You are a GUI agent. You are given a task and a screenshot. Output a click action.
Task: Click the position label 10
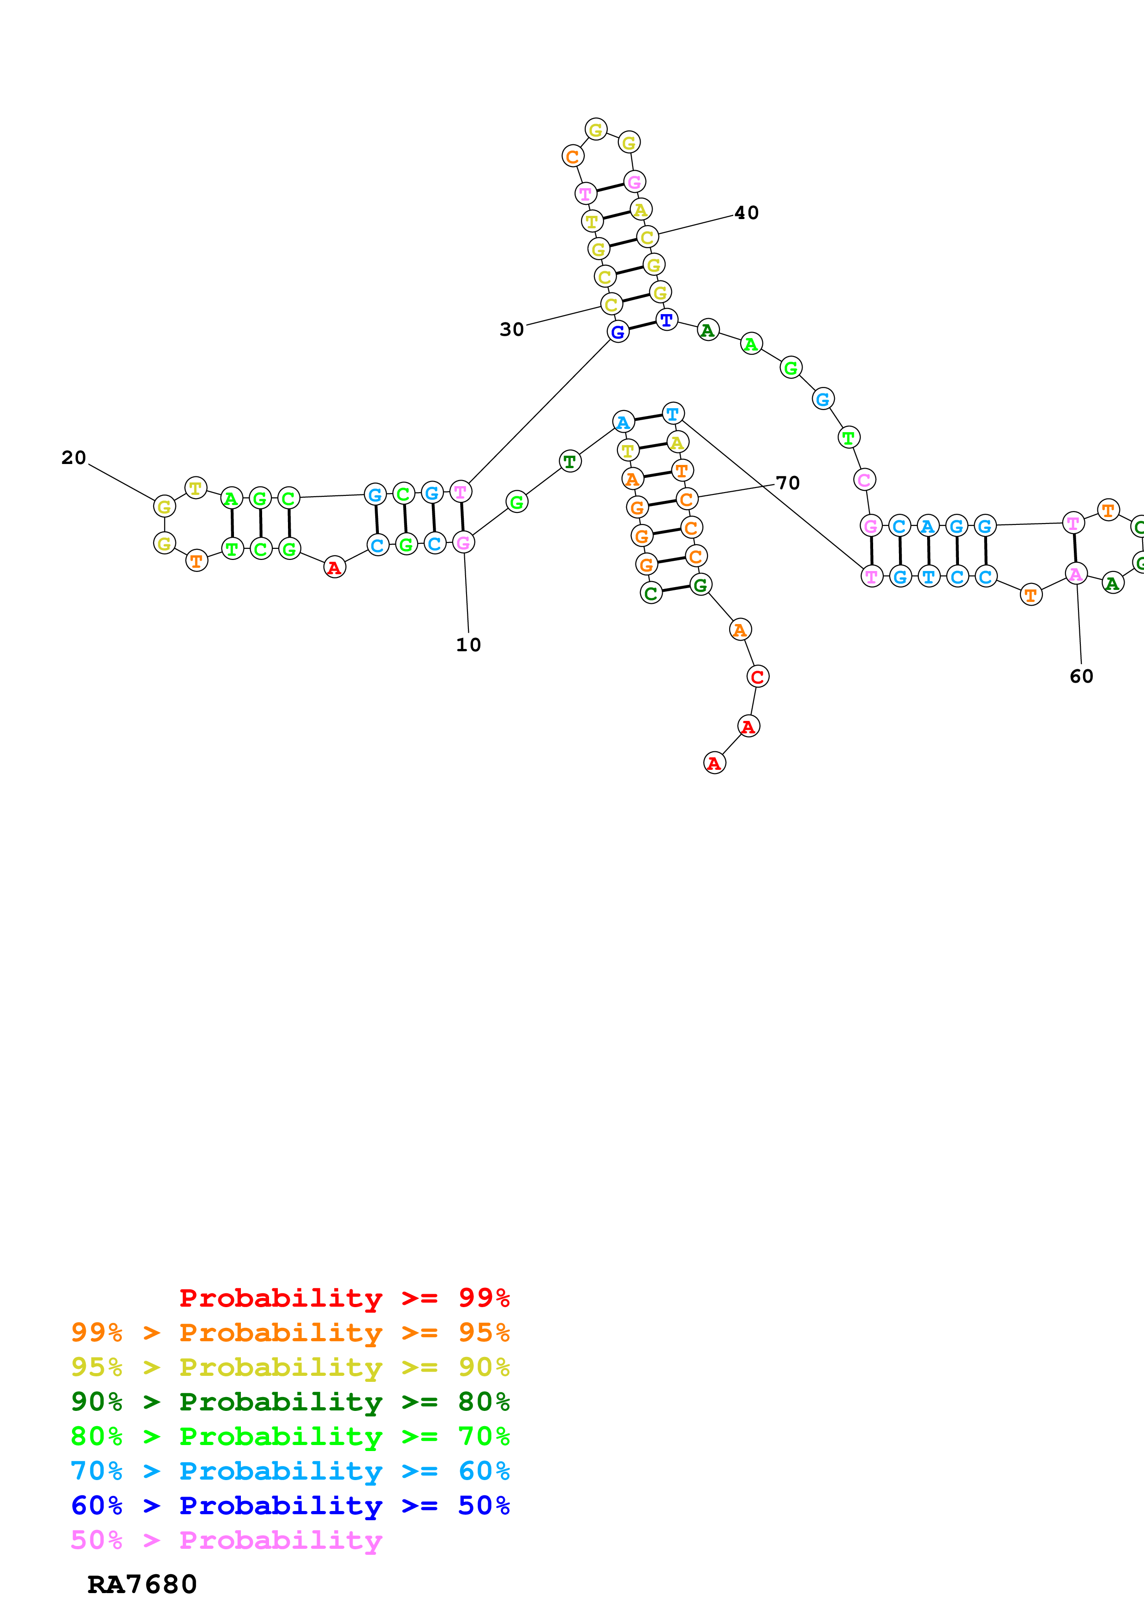[468, 645]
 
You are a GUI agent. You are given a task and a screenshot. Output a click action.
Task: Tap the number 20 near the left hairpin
[73, 458]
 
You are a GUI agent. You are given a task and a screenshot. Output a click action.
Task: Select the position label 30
[512, 330]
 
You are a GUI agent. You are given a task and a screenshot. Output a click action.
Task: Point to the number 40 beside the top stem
[747, 213]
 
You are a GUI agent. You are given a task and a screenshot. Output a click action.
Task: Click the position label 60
[1081, 677]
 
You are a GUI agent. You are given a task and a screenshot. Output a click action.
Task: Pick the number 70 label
[787, 483]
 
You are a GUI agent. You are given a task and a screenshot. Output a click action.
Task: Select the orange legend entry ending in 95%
[290, 1332]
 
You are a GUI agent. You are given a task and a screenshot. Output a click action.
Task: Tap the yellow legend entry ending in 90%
[290, 1367]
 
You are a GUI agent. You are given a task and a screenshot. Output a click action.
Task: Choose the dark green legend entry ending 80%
[290, 1402]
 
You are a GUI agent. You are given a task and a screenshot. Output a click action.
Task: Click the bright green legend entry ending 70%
[290, 1436]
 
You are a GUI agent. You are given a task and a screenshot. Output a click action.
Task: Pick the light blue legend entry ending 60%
[290, 1471]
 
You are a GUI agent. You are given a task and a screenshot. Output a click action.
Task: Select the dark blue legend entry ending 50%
[290, 1505]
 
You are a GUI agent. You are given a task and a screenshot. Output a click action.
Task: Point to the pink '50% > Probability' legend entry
[226, 1540]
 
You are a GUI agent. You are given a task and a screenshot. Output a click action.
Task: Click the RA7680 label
[142, 1585]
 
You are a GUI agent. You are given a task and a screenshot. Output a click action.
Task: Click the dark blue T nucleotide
[666, 320]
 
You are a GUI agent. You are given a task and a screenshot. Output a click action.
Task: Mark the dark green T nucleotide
[569, 462]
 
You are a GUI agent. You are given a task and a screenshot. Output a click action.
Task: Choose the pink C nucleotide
[864, 480]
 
